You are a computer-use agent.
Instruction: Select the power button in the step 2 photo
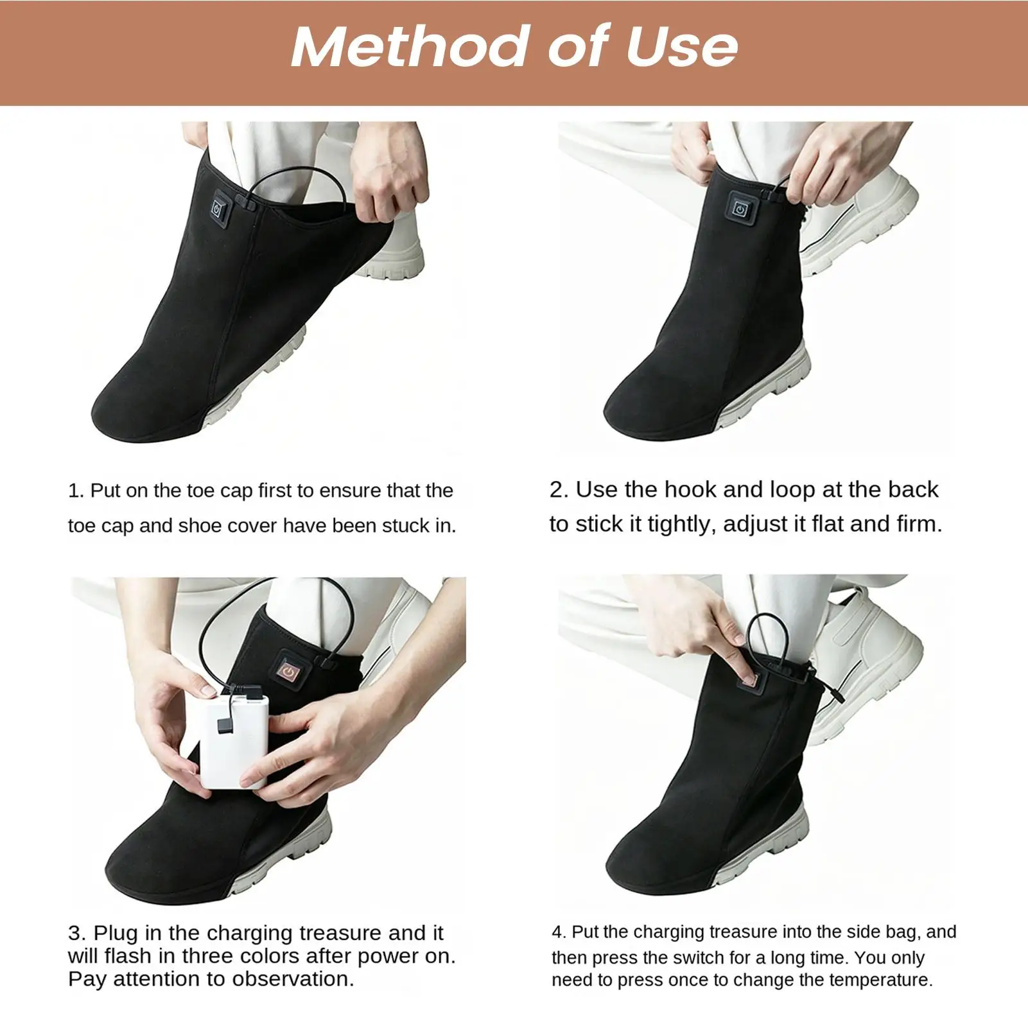[x=740, y=210]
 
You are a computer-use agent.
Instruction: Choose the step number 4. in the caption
[x=559, y=932]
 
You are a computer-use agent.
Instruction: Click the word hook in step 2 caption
[x=690, y=490]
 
